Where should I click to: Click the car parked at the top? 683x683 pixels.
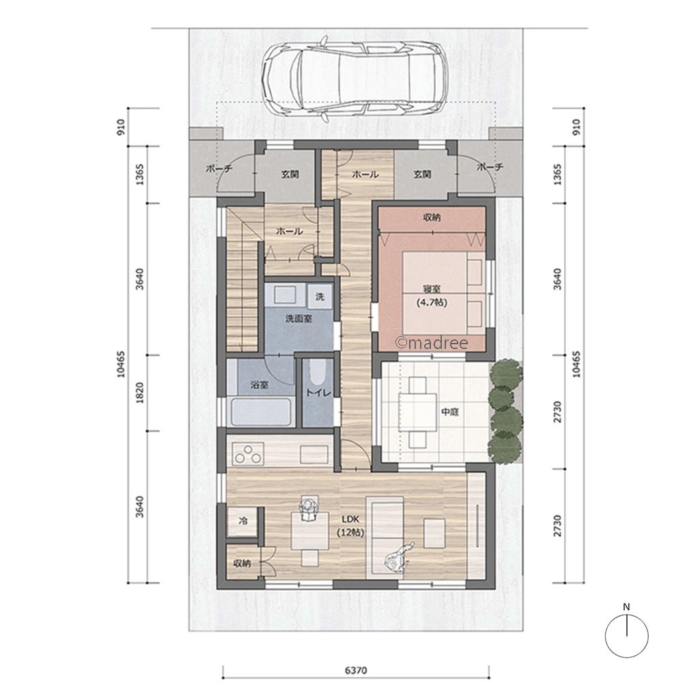(354, 79)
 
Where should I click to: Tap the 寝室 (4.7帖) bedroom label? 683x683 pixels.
(432, 295)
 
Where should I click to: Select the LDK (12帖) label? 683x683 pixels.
(350, 525)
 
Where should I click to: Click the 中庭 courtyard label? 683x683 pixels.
(450, 411)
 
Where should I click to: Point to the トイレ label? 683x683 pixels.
(318, 393)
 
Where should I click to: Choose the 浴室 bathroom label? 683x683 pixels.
(260, 385)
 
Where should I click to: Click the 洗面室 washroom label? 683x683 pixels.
(299, 319)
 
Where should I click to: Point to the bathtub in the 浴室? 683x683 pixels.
(261, 412)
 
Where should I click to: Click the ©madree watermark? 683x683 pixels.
(431, 343)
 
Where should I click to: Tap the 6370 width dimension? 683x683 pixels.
(356, 670)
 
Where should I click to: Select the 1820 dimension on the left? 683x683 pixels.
(139, 393)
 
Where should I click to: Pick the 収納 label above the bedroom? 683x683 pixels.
(432, 217)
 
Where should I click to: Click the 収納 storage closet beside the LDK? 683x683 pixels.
(243, 563)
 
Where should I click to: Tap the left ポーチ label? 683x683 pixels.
(219, 168)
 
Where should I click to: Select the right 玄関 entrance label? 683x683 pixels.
(422, 174)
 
